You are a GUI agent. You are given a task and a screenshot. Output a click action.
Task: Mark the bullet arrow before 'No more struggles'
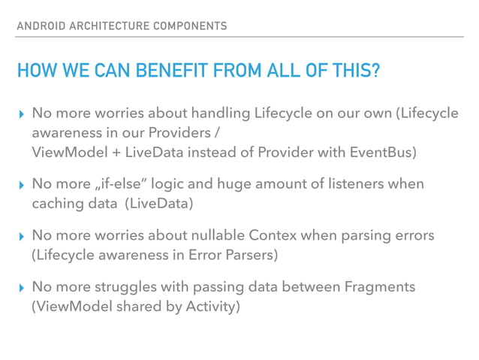pyautogui.click(x=20, y=288)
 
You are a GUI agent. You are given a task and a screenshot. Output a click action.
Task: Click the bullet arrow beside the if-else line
pyautogui.click(x=20, y=184)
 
